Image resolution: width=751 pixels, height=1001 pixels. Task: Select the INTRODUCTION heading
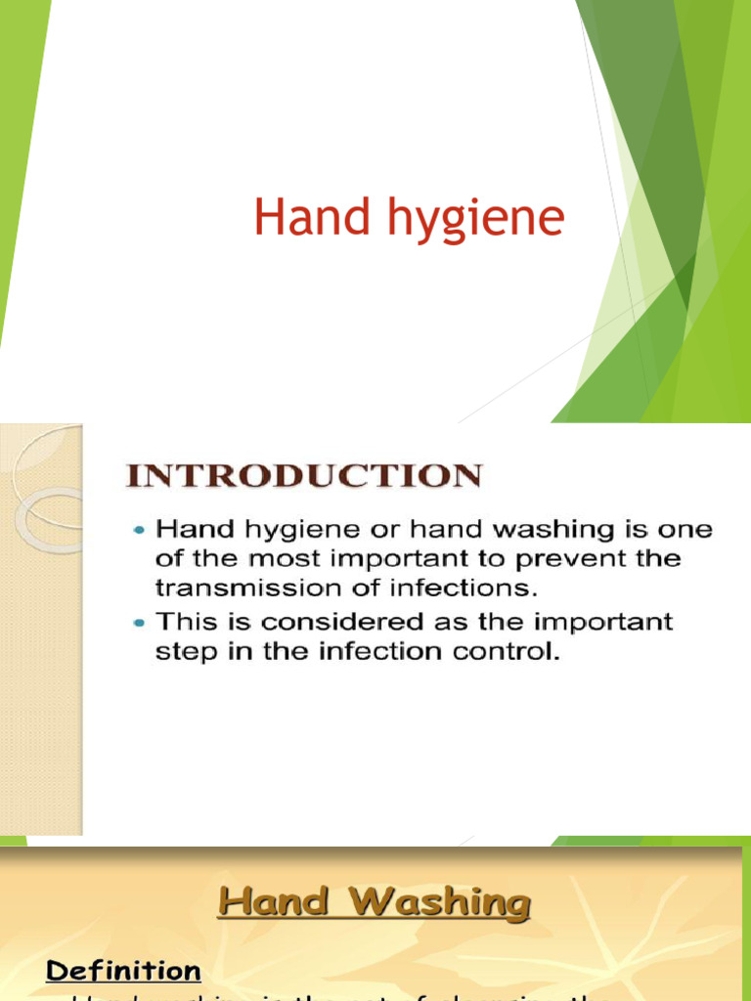[304, 476]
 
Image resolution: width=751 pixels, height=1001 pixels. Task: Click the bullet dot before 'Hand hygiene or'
[140, 529]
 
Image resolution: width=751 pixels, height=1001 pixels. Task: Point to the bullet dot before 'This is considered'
[140, 621]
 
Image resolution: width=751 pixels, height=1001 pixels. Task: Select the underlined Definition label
[124, 971]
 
